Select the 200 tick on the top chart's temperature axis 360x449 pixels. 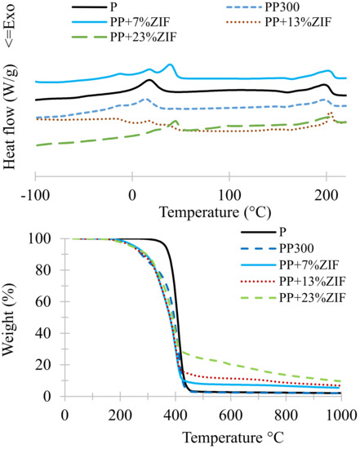(x=327, y=195)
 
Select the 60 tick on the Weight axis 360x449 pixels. (x=46, y=302)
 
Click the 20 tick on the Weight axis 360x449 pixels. (x=46, y=365)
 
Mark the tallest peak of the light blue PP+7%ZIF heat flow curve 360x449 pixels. (x=170, y=64)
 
